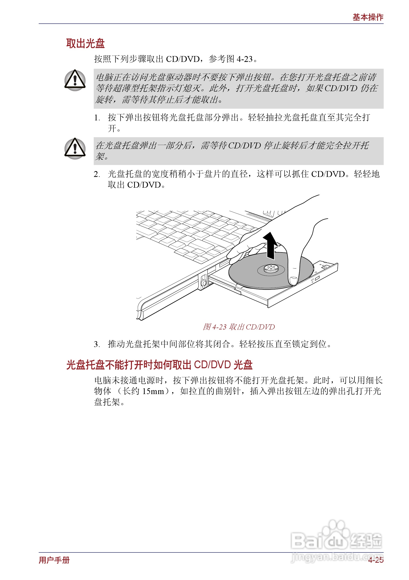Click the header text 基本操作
pos(368,17)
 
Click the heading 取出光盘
pos(85,43)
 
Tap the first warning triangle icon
pos(75,80)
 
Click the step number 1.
pos(97,118)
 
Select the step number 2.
pos(97,174)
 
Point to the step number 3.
pos(97,344)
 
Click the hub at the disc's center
pos(271,268)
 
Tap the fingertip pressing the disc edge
pos(293,280)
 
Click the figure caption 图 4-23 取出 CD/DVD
pos(239,327)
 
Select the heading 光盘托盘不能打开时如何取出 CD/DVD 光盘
pos(159,365)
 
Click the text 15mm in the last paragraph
pos(153,391)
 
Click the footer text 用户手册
pos(54,560)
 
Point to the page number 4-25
pos(375,560)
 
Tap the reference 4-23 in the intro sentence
pos(244,59)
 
